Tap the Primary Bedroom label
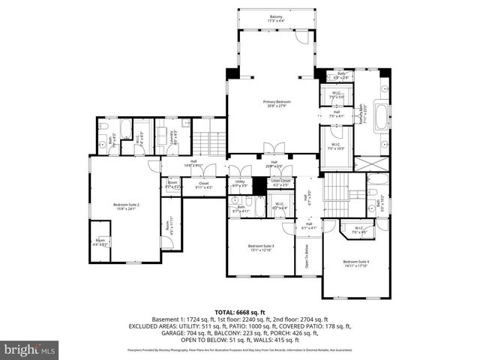click(x=277, y=103)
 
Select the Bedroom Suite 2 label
click(x=126, y=206)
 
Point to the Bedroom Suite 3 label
click(x=261, y=247)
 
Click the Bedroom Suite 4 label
click(x=356, y=263)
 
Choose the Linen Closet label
click(x=280, y=182)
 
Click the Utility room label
click(x=240, y=182)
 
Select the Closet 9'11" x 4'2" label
click(x=204, y=184)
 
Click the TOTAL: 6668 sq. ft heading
click(x=240, y=311)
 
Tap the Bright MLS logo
click(x=29, y=349)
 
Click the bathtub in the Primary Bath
click(x=381, y=118)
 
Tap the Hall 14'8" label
click(x=193, y=164)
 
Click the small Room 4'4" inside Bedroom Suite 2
click(x=100, y=243)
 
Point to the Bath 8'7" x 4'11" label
click(x=241, y=210)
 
